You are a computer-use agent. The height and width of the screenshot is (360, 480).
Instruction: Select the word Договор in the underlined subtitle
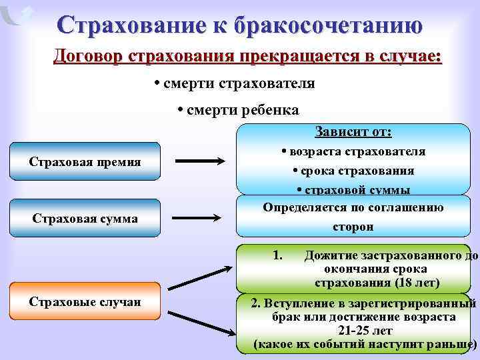[89, 57]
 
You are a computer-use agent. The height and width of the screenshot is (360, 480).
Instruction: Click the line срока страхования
[353, 171]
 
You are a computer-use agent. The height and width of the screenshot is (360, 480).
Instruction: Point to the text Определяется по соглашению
[353, 207]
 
